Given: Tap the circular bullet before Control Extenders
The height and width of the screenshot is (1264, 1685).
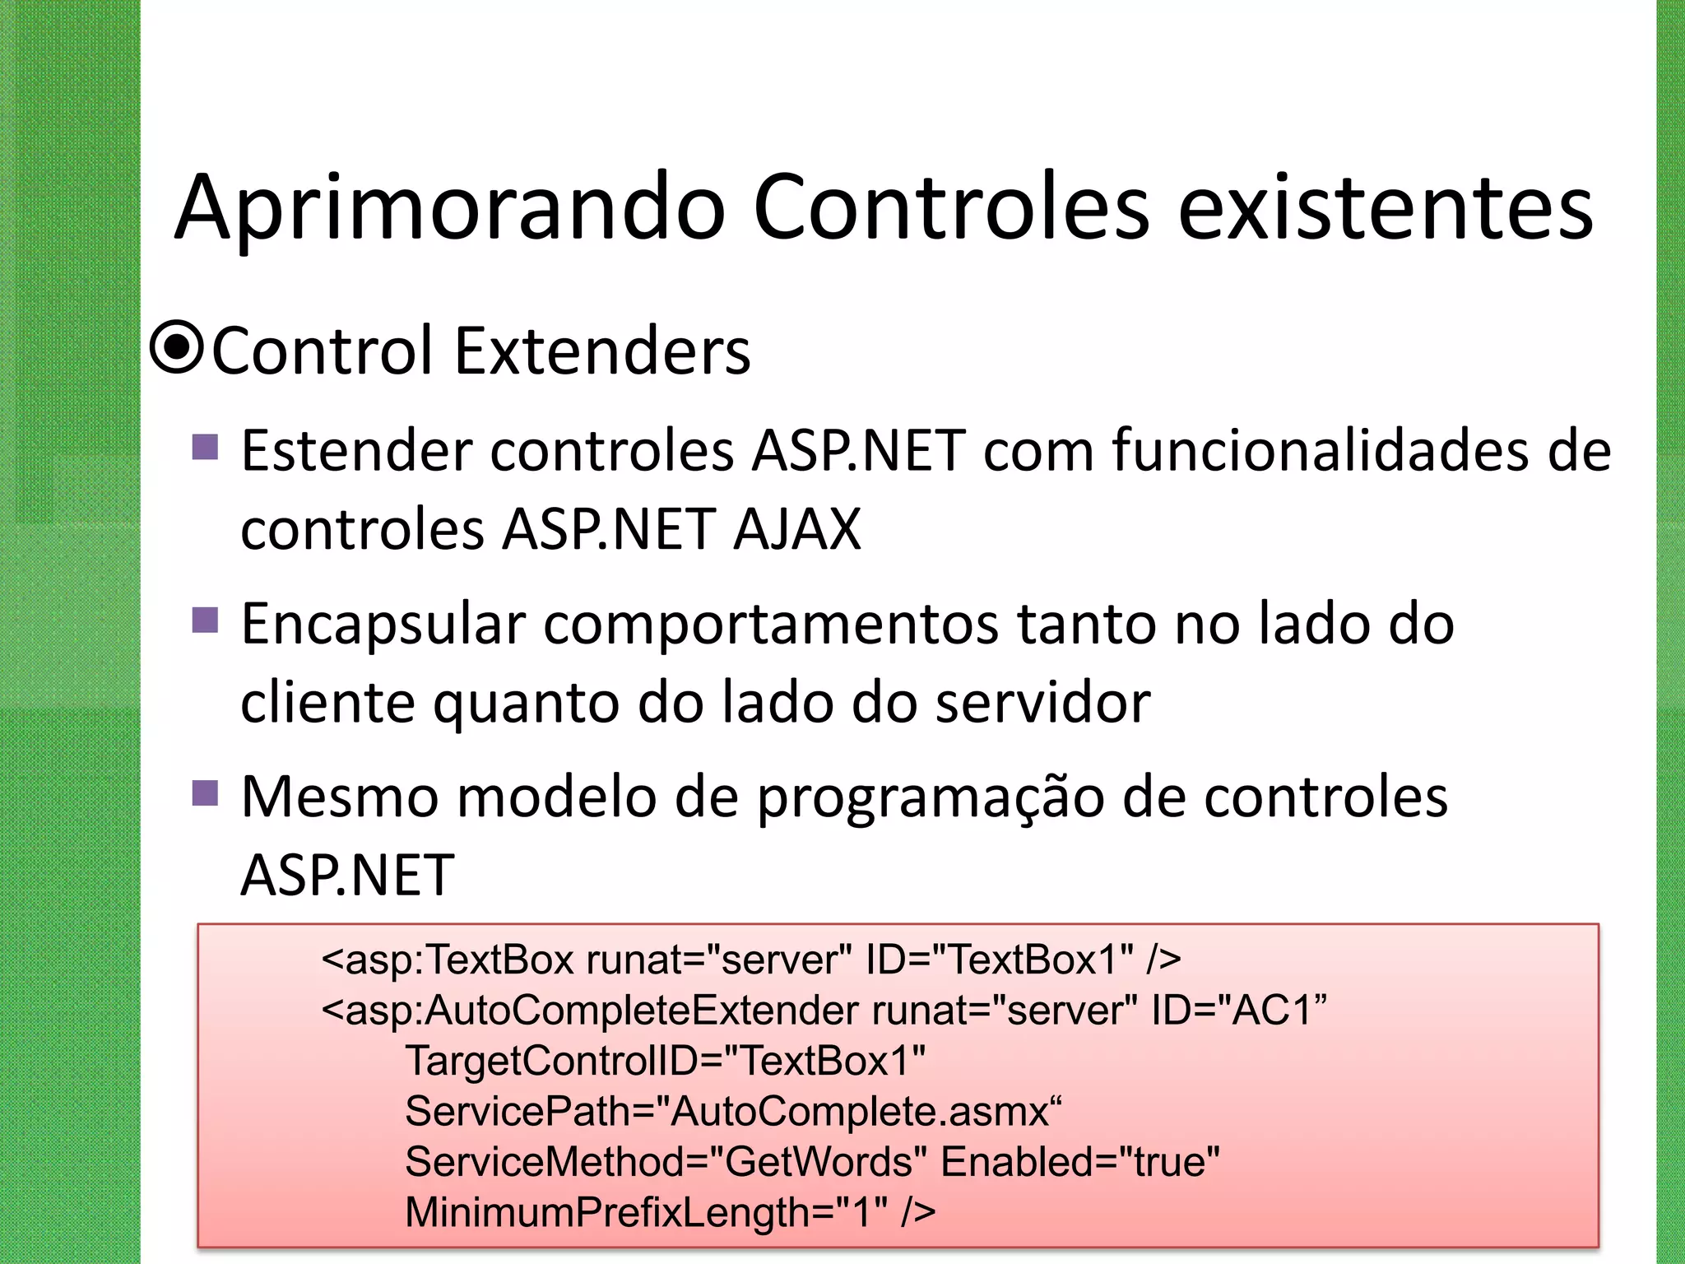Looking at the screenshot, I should point(177,348).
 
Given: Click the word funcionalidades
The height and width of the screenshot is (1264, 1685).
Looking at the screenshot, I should point(1321,451).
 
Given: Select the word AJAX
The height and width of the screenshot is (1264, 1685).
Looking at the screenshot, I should point(796,529).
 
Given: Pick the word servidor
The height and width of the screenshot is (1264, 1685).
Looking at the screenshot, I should point(1042,703).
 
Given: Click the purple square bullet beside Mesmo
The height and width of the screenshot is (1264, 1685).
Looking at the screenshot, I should point(205,793).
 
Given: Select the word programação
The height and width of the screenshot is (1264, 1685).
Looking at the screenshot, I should point(931,798).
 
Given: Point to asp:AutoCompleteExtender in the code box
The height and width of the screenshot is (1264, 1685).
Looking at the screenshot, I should point(601,1010).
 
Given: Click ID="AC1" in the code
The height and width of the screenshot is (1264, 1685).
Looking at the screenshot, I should point(1238,1010).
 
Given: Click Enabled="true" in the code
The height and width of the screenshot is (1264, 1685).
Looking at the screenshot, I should point(1079,1162).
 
